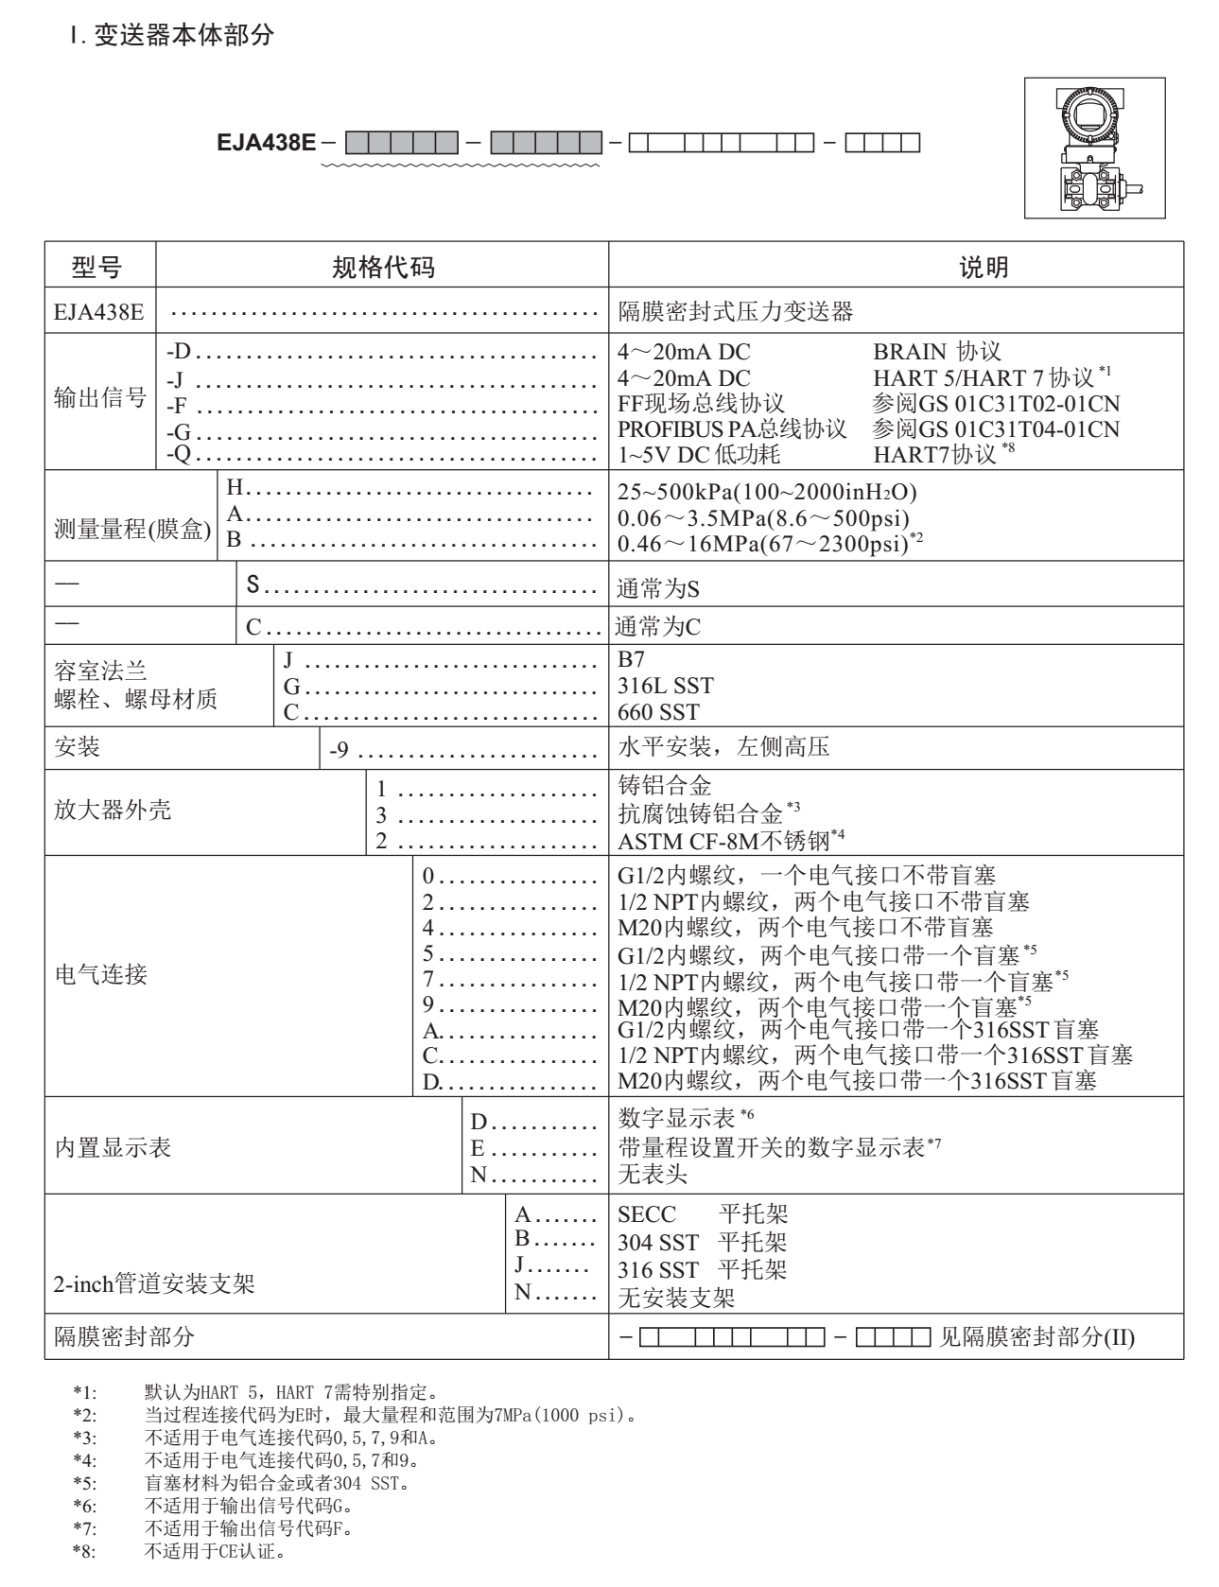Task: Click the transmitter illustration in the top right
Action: [x=1095, y=148]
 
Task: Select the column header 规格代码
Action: [x=382, y=268]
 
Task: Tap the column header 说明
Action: [x=984, y=268]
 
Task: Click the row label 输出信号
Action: [x=99, y=398]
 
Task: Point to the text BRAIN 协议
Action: [x=936, y=353]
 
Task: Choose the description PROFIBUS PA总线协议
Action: [x=731, y=428]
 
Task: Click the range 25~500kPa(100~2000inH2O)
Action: [x=766, y=493]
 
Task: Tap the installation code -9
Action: [x=340, y=751]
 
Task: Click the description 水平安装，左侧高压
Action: [x=723, y=748]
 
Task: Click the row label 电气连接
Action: [x=100, y=975]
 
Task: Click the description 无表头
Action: [x=652, y=1176]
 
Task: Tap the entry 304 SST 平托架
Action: [x=702, y=1242]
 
